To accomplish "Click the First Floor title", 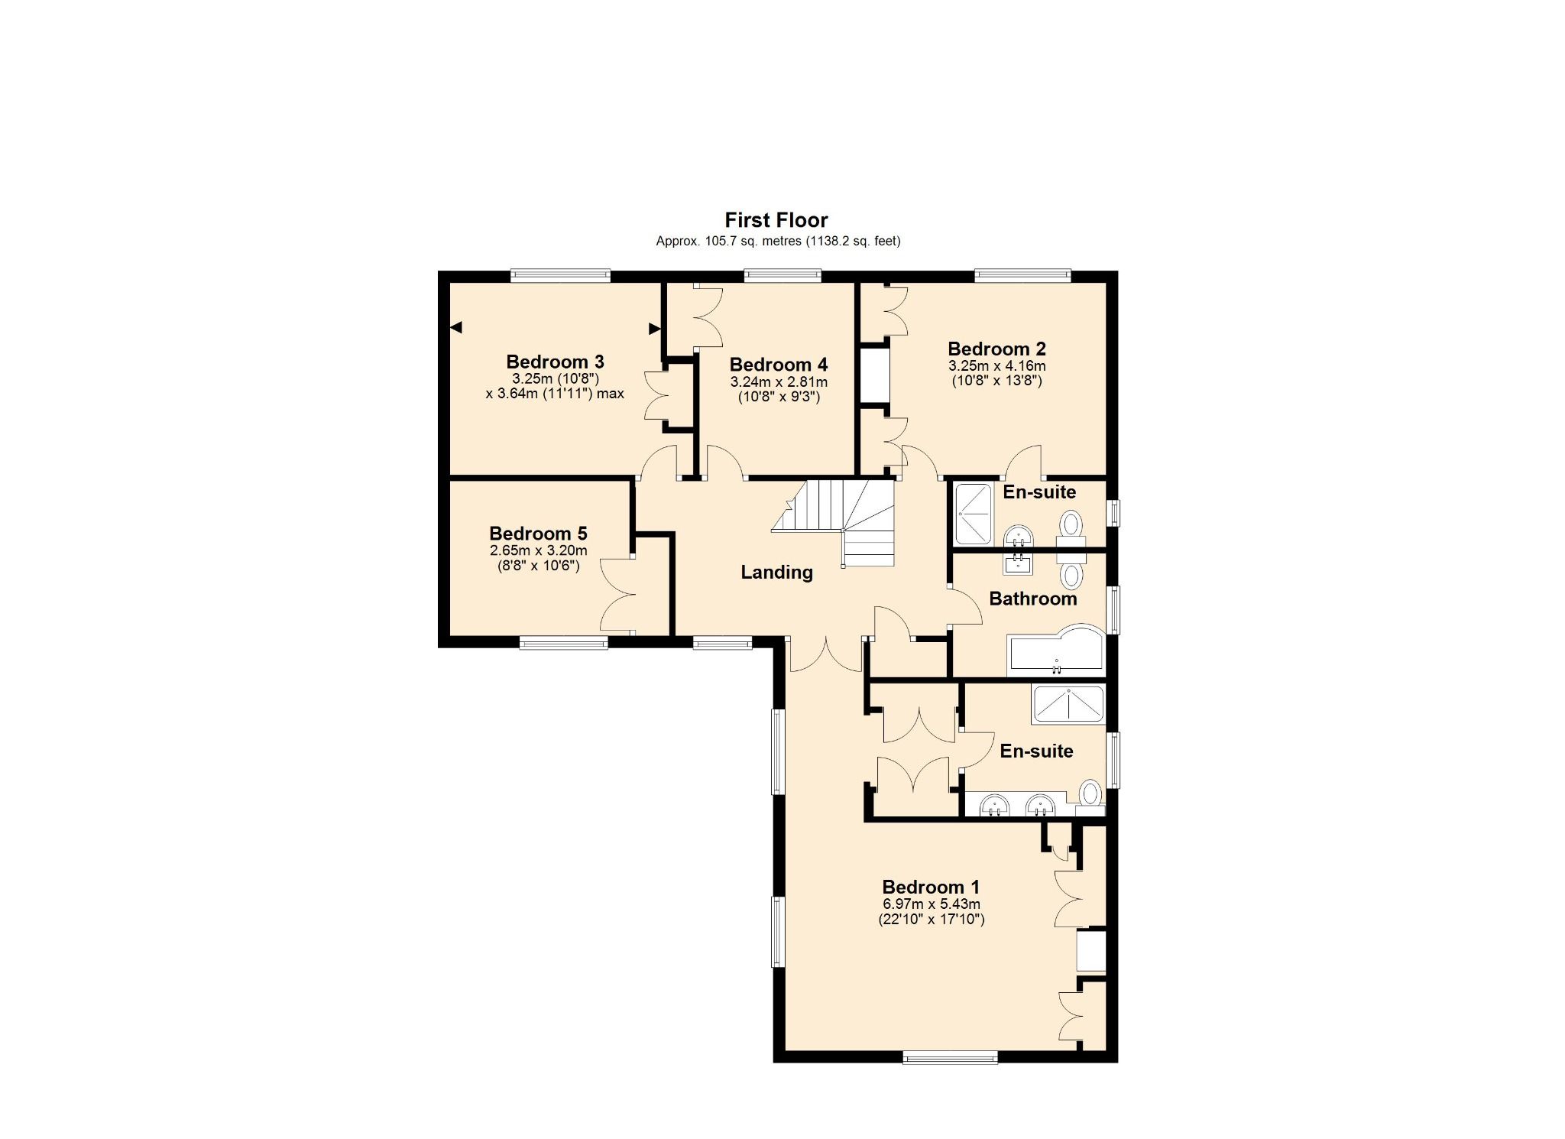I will click(776, 220).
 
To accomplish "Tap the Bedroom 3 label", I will click(555, 362).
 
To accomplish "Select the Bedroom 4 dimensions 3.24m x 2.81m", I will click(778, 382).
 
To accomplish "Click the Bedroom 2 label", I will click(996, 349).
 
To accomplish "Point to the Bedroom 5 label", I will click(538, 534).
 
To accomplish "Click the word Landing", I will click(776, 572).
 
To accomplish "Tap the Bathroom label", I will click(1032, 599).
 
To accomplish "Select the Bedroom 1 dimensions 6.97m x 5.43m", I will click(931, 904).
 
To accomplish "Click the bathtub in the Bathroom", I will click(1057, 654).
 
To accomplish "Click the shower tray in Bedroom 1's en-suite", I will click(1068, 705).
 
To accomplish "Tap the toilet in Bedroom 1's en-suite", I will click(1090, 795).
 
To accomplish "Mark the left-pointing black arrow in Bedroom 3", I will click(456, 328).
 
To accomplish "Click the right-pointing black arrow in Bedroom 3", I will click(654, 329).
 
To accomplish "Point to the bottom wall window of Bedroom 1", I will click(950, 1058).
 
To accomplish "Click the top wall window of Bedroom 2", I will click(1022, 275).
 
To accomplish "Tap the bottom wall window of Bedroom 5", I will click(563, 643).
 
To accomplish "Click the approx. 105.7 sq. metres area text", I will click(778, 242).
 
